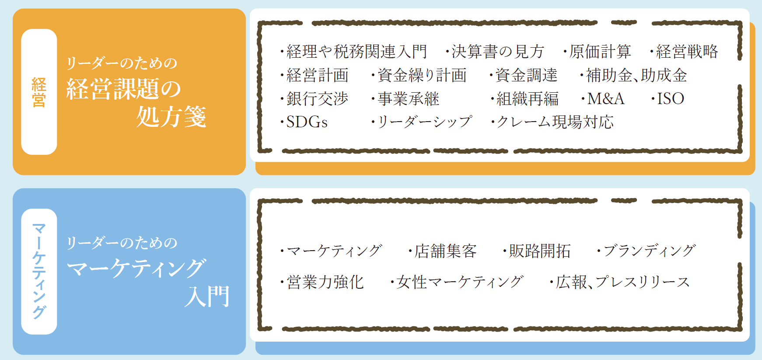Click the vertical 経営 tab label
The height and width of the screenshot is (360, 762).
(39, 92)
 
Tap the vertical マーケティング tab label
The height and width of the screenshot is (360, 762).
(39, 271)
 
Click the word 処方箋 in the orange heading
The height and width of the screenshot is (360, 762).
(171, 117)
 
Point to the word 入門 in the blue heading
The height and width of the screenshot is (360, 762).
(207, 297)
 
